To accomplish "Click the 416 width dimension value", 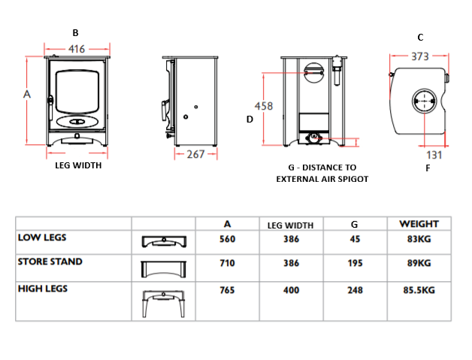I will coord(76,49).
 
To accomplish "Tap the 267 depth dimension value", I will coord(195,154).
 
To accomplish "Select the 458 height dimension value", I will coord(263,106).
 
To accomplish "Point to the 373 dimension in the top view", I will coord(421,56).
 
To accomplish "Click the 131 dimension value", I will coord(434,155).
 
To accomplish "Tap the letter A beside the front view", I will coord(27,94).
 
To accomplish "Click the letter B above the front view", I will coord(75,32).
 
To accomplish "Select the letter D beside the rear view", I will coord(250,119).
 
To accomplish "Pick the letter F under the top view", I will coord(428,168).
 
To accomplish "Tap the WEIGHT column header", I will coord(419,224).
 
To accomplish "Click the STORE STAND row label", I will coord(50,262).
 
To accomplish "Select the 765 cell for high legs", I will coord(227,290).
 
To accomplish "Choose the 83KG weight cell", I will coord(419,239).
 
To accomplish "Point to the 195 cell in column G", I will coord(355,263).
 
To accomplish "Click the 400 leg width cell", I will coord(291,290).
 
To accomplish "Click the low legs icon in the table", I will coord(163,241).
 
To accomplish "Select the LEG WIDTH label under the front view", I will coord(78,166).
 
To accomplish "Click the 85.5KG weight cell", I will coord(419,290).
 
